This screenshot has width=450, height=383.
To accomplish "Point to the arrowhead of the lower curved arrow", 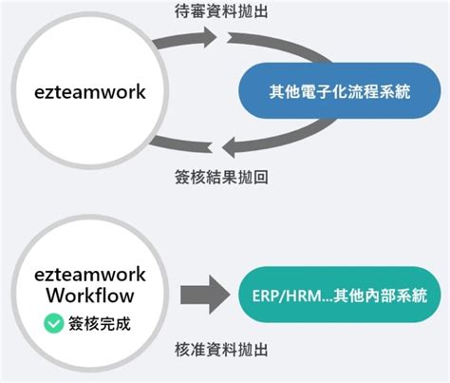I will click(229, 144).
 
